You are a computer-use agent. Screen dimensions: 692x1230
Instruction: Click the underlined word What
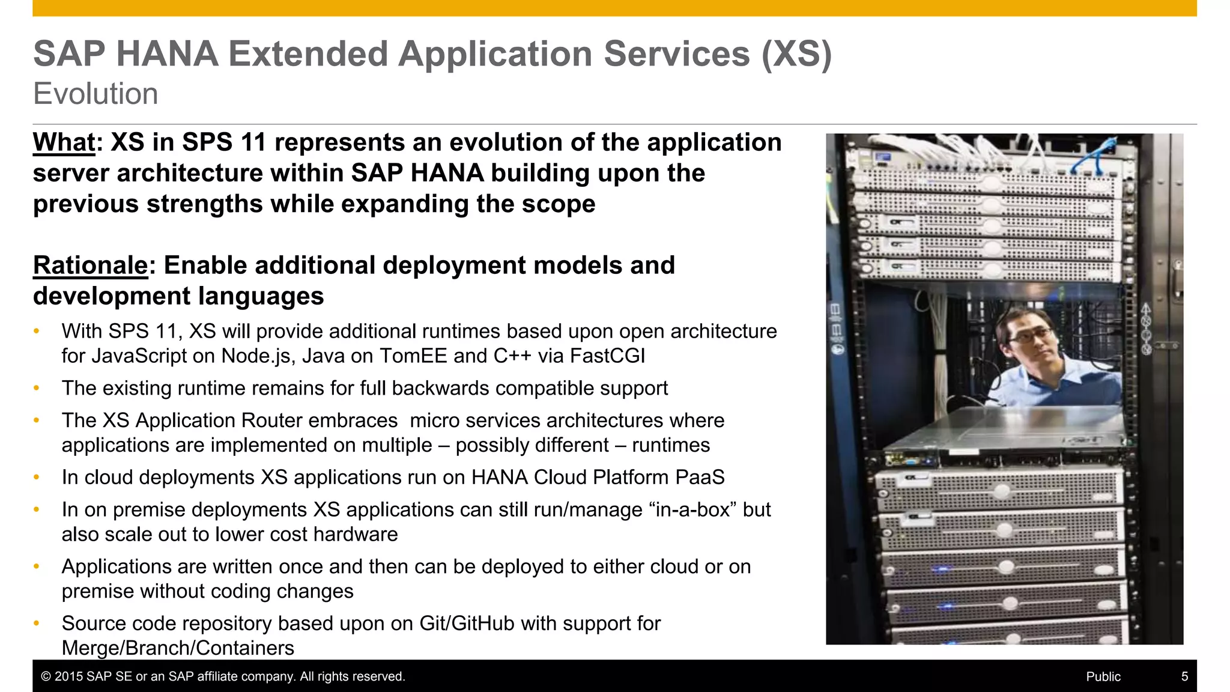point(64,143)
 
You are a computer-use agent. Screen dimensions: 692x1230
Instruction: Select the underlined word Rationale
point(90,266)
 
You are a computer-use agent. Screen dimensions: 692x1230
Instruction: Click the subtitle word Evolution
point(95,94)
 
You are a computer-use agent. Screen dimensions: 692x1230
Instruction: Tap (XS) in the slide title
point(796,54)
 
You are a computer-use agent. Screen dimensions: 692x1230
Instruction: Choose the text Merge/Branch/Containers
point(178,648)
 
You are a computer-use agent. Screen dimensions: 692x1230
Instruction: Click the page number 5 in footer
point(1184,677)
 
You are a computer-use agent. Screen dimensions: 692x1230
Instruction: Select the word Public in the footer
point(1103,677)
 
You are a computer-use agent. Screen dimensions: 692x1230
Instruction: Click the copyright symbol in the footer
point(46,677)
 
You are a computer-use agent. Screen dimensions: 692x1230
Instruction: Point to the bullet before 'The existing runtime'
point(37,389)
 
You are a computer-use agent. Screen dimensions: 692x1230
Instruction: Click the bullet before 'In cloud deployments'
point(37,478)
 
